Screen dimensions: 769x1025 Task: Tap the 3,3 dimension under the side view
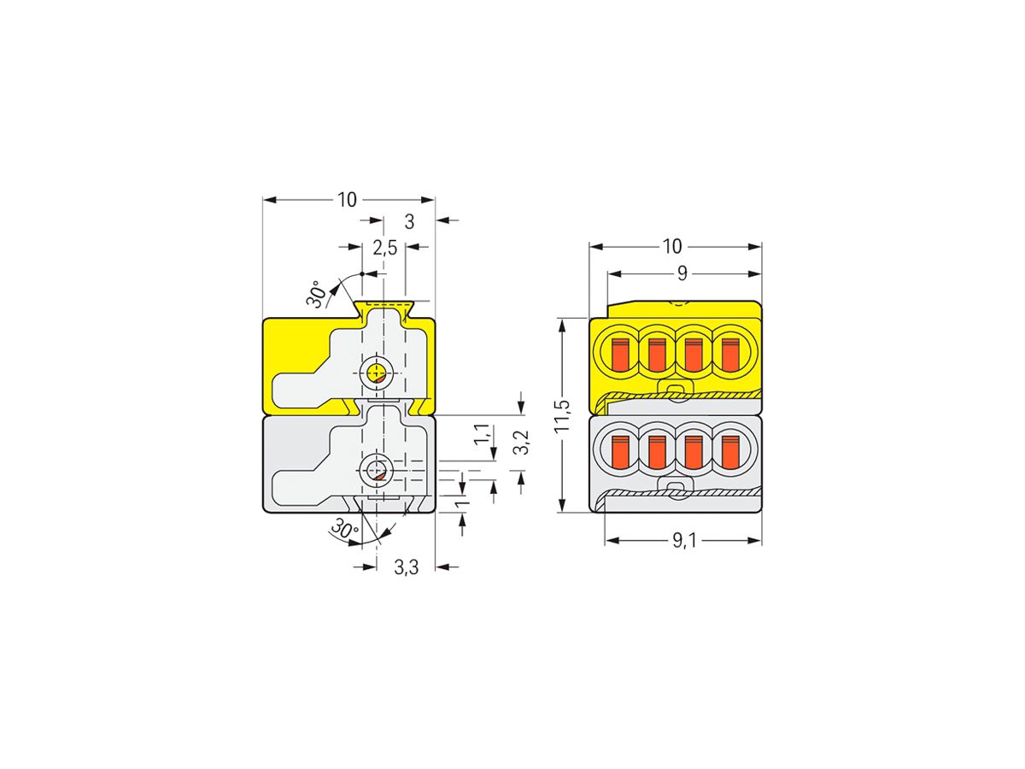pos(407,566)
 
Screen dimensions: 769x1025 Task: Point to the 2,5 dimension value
pos(384,248)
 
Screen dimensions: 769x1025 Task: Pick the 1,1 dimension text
pos(483,433)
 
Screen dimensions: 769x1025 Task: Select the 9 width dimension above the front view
pos(682,273)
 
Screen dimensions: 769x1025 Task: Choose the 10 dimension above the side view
pos(346,200)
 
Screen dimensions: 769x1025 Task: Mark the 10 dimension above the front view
pos(672,247)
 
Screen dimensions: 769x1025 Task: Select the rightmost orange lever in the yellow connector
pos(729,354)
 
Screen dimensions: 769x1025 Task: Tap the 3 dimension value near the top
pos(409,221)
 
